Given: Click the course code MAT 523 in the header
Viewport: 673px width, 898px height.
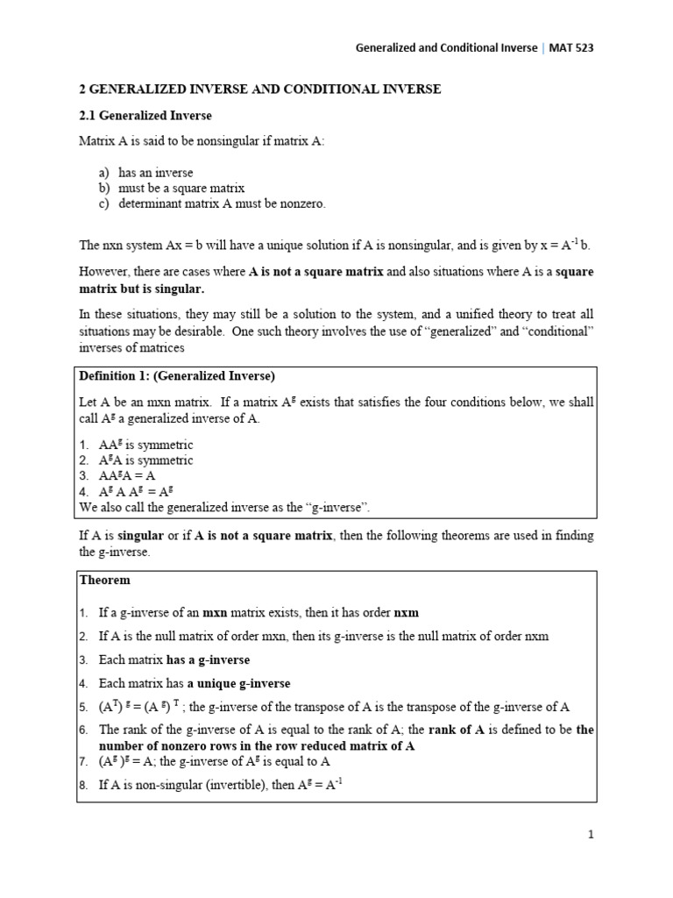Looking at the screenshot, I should [x=570, y=48].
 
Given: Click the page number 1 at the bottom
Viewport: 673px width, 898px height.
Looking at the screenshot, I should [x=591, y=835].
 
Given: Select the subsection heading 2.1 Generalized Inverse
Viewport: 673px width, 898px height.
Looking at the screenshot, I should [x=145, y=116].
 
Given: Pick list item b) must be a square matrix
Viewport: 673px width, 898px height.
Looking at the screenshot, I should [x=171, y=188].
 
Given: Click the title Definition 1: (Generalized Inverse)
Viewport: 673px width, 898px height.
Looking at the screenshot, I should [x=177, y=376].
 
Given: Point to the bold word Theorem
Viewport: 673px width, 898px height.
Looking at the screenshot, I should [x=104, y=581].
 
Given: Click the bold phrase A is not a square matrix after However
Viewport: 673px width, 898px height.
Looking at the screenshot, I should [x=316, y=272].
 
